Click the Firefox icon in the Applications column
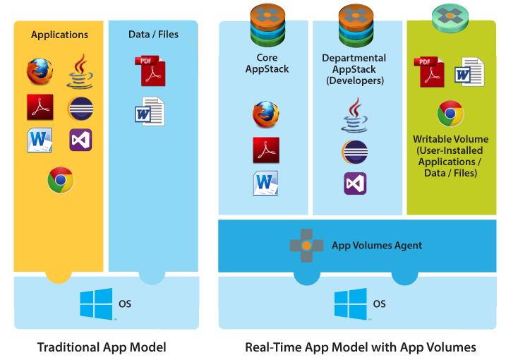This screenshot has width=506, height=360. (x=40, y=71)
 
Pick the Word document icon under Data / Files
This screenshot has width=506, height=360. (x=150, y=112)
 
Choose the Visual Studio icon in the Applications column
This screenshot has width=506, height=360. (x=80, y=140)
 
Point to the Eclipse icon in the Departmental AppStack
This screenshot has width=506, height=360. (x=354, y=151)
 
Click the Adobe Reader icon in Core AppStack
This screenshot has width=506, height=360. (x=266, y=150)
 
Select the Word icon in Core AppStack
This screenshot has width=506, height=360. (x=266, y=183)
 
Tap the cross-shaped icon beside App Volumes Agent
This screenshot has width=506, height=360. (x=306, y=245)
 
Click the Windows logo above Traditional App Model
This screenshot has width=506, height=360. (x=95, y=304)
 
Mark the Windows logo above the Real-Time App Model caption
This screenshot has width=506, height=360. (x=350, y=304)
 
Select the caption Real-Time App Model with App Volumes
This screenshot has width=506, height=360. (x=360, y=347)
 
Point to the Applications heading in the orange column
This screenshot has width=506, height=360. (x=59, y=35)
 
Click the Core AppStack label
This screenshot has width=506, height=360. (x=266, y=64)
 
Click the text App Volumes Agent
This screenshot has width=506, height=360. (x=377, y=246)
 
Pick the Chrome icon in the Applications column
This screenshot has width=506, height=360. (x=61, y=181)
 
